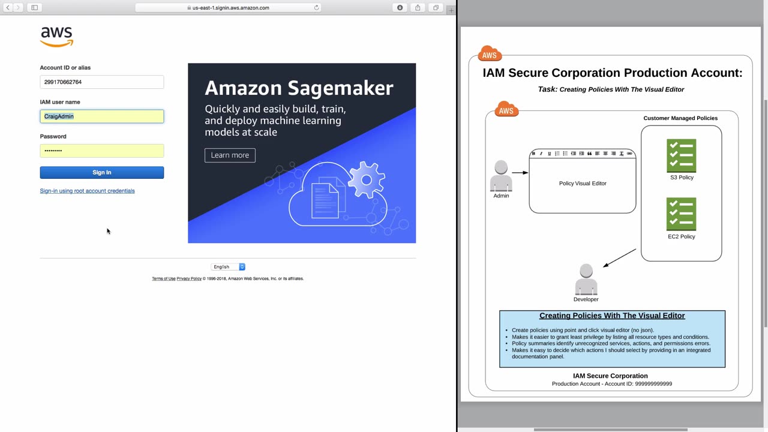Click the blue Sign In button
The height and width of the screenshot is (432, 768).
[x=102, y=172]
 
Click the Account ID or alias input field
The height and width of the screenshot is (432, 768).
[x=102, y=82]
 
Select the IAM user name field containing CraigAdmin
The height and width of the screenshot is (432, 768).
[x=102, y=116]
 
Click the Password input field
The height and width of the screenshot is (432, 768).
[x=102, y=151]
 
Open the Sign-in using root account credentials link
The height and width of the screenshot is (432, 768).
[x=87, y=191]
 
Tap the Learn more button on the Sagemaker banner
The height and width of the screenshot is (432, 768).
[x=230, y=155]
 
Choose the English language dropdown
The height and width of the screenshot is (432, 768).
[x=228, y=267]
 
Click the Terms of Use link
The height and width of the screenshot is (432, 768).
[x=164, y=279]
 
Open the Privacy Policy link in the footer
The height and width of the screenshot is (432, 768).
[x=189, y=279]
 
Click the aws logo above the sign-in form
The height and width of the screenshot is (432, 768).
[x=56, y=37]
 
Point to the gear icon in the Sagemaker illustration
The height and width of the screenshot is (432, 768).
[x=367, y=179]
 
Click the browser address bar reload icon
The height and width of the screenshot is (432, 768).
[x=316, y=8]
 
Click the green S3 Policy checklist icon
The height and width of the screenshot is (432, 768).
[x=681, y=155]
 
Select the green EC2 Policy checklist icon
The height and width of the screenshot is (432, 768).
[x=681, y=214]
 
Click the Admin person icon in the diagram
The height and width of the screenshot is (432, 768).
[x=501, y=176]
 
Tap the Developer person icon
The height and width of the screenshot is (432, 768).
[x=586, y=279]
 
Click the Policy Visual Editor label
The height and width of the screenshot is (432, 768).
[x=583, y=184]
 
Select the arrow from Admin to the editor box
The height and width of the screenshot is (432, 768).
[x=520, y=173]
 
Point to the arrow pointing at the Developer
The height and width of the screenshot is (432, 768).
[x=619, y=258]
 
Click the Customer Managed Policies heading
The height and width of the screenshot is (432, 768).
[x=680, y=118]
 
